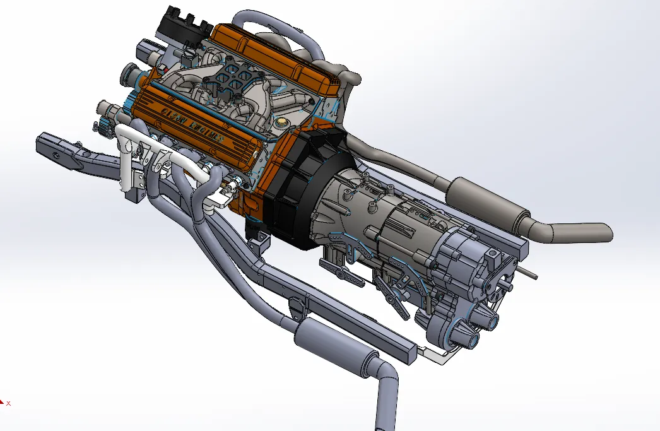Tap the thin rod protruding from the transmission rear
[x=530, y=272]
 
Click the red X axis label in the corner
[x=8, y=402]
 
